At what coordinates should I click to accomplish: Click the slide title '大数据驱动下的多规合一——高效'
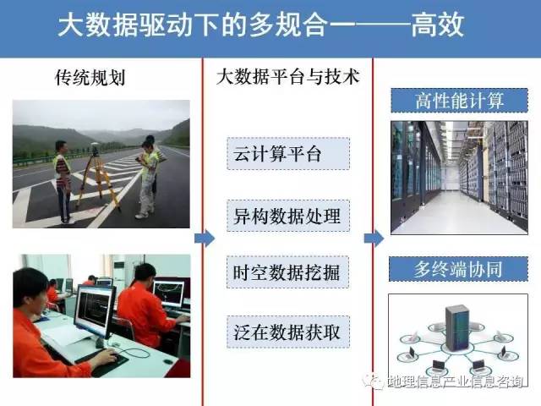(x=261, y=25)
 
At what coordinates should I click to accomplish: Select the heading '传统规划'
(x=90, y=77)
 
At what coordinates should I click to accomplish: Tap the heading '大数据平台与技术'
(x=287, y=76)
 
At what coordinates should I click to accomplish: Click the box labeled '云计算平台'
(x=288, y=154)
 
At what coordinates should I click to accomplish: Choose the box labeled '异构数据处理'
(x=288, y=216)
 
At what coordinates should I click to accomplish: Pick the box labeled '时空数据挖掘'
(x=287, y=272)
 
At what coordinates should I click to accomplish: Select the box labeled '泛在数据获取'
(x=288, y=332)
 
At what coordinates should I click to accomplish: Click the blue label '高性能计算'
(x=459, y=101)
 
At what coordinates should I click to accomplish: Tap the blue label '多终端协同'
(x=458, y=269)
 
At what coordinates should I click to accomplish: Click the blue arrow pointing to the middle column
(x=205, y=239)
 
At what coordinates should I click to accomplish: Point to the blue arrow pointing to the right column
(x=374, y=239)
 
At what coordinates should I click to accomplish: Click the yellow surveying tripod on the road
(x=98, y=179)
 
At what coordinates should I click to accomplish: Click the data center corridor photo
(x=459, y=178)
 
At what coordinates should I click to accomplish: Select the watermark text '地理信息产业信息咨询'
(x=458, y=381)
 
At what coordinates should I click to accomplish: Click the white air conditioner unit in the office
(x=119, y=277)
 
